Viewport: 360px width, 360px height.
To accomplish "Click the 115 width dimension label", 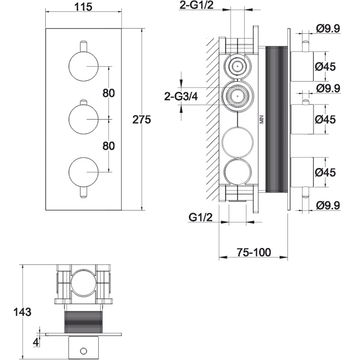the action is tap(83, 7).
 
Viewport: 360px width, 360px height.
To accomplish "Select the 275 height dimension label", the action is tap(142, 120).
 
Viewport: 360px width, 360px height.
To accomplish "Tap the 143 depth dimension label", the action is tap(22, 312).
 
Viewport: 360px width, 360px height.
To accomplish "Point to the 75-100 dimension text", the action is tap(254, 252).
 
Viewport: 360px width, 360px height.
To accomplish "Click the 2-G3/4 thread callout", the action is tap(181, 96).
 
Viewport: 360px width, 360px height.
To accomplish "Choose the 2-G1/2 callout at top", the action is tap(196, 5).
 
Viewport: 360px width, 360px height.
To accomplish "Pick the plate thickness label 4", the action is tap(36, 343).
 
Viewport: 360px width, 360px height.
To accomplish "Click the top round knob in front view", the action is tap(83, 66).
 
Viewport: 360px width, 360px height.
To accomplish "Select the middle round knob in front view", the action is tap(83, 119).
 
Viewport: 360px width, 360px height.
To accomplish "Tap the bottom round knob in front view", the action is tap(83, 172).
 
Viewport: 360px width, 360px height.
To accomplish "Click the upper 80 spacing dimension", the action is tap(108, 93).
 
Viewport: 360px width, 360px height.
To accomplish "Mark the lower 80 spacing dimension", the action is tap(108, 146).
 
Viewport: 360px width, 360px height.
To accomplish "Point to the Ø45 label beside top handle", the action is tap(325, 67).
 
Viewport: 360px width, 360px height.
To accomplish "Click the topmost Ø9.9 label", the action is tap(328, 29).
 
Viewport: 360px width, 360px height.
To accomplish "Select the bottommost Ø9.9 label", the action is tap(328, 205).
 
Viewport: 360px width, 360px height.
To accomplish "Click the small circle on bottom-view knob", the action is tap(83, 351).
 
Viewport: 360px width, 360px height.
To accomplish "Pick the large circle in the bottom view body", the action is tap(83, 282).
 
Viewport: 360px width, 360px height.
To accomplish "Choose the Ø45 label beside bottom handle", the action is tap(325, 173).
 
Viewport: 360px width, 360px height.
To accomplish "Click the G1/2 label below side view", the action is tap(200, 217).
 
